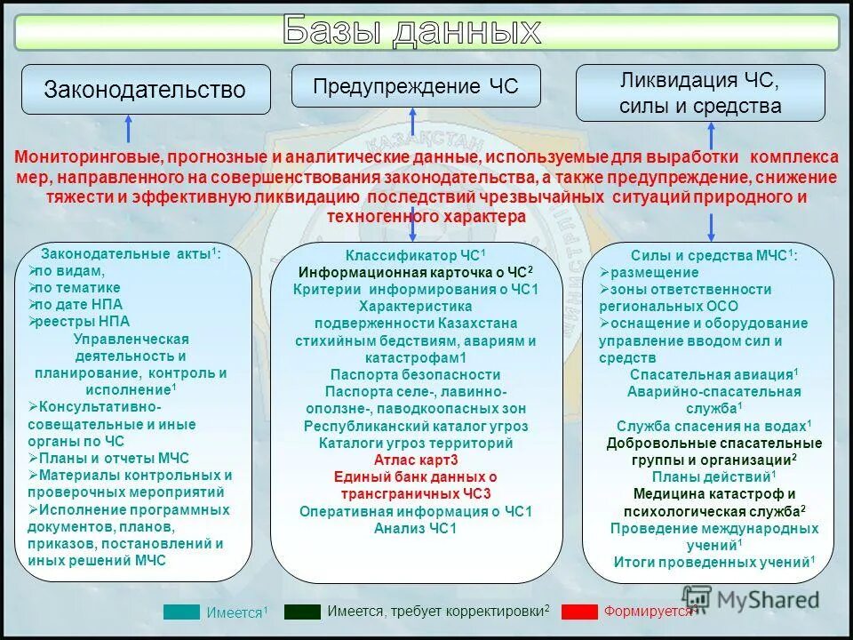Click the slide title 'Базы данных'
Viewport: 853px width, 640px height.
pyautogui.click(x=411, y=31)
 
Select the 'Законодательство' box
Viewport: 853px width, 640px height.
pyautogui.click(x=145, y=90)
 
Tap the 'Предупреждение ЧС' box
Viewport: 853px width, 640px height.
pyautogui.click(x=415, y=86)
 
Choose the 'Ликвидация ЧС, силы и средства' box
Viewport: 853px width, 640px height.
pyautogui.click(x=700, y=93)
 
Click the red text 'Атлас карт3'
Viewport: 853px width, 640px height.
pyautogui.click(x=416, y=460)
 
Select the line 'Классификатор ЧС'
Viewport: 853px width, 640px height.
pyautogui.click(x=416, y=256)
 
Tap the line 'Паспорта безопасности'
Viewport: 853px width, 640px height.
pyautogui.click(x=416, y=375)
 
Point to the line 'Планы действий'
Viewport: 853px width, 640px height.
pyautogui.click(x=707, y=476)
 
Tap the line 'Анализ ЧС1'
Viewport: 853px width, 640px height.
pyautogui.click(x=416, y=528)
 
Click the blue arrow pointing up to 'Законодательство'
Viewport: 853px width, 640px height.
pyautogui.click(x=129, y=129)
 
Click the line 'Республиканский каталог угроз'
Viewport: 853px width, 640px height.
pyautogui.click(x=416, y=426)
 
